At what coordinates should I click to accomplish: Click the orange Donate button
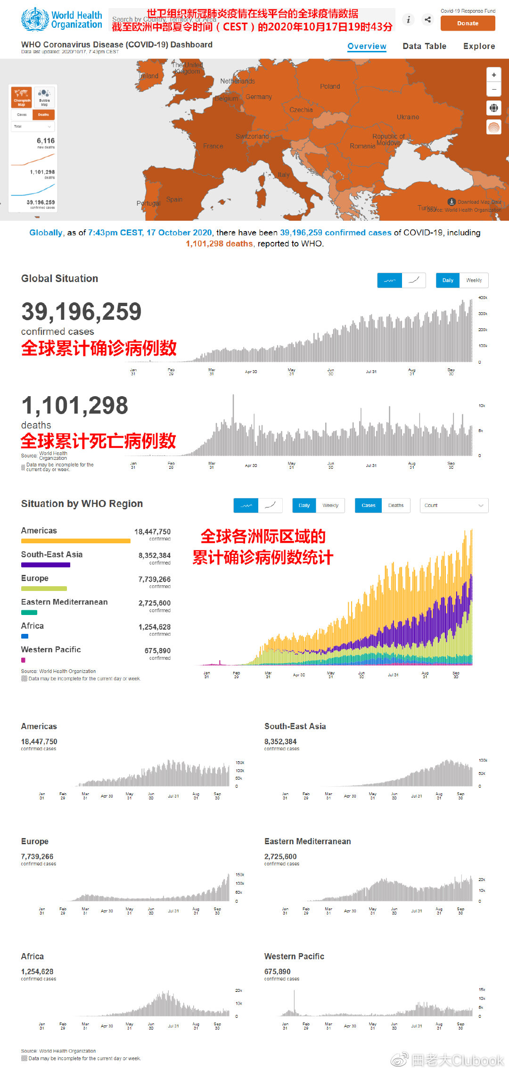point(468,23)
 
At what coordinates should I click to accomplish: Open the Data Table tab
point(424,46)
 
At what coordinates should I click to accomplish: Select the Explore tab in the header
point(479,46)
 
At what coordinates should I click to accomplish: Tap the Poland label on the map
point(330,86)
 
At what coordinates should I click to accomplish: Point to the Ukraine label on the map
point(408,117)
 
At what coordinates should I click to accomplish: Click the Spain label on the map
point(174,199)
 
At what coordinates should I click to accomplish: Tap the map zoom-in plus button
point(493,75)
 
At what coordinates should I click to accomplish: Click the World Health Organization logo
point(61,20)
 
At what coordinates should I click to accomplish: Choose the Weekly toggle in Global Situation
point(474,280)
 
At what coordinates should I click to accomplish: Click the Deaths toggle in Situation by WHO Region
point(395,505)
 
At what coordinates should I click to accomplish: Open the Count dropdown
point(453,505)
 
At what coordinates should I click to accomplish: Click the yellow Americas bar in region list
point(75,541)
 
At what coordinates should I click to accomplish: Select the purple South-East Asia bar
point(46,565)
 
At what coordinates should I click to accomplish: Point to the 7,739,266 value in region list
point(154,579)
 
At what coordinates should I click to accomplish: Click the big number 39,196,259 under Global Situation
point(82,312)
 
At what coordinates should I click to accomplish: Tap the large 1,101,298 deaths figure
point(75,406)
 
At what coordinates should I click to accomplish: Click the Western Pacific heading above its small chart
point(294,956)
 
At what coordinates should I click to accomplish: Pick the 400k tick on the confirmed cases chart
point(483,298)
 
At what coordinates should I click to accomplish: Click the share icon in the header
point(427,19)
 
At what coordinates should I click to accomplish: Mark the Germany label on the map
point(258,97)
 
